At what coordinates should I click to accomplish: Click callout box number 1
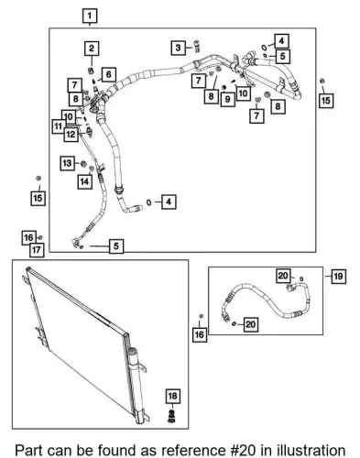point(90,16)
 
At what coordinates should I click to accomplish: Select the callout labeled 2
point(92,49)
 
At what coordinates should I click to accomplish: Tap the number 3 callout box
point(178,48)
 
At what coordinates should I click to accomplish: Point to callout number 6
point(109,74)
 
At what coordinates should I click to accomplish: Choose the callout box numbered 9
point(227,99)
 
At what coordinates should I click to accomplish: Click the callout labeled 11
point(58,126)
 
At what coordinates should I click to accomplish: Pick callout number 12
point(71,134)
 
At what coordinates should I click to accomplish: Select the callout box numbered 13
point(67,163)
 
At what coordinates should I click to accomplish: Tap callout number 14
point(84,181)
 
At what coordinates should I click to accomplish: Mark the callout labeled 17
point(37,250)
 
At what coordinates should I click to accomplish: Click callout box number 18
point(172,396)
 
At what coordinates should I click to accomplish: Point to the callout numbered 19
point(338,277)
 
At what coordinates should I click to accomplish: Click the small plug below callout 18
point(172,417)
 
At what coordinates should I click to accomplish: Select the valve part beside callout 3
point(197,46)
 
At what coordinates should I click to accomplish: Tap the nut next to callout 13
point(82,164)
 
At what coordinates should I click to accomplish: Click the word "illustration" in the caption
point(311,451)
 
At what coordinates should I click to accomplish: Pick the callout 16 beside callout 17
point(28,237)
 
